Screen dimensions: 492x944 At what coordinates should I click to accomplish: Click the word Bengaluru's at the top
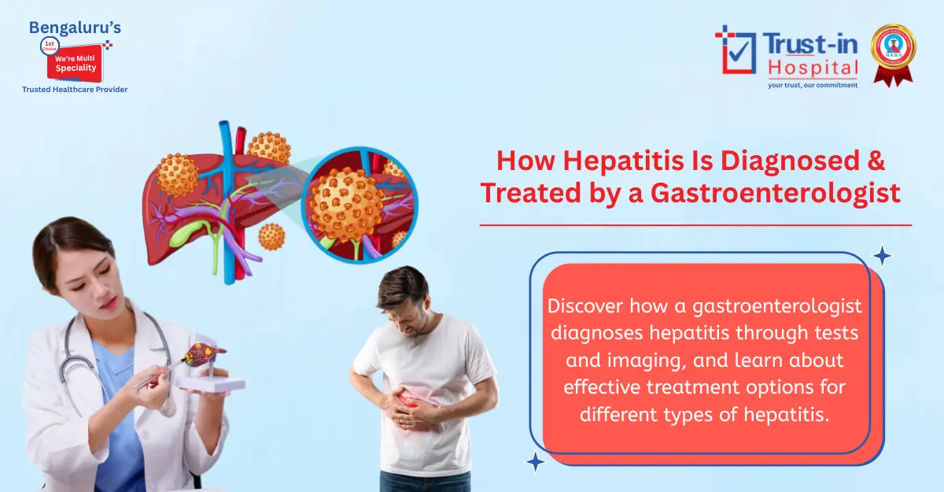[x=75, y=28]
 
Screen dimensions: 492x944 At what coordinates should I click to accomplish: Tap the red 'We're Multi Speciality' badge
[x=76, y=62]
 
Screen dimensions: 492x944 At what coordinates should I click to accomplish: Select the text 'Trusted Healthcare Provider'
[x=75, y=90]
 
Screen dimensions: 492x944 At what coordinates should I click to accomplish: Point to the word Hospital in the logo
[x=813, y=68]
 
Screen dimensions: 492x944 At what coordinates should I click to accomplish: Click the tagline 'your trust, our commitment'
[x=813, y=84]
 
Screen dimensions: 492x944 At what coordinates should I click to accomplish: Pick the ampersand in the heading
[x=875, y=161]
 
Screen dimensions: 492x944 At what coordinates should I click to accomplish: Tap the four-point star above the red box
[x=882, y=255]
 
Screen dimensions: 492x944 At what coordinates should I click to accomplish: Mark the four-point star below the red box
[x=536, y=462]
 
